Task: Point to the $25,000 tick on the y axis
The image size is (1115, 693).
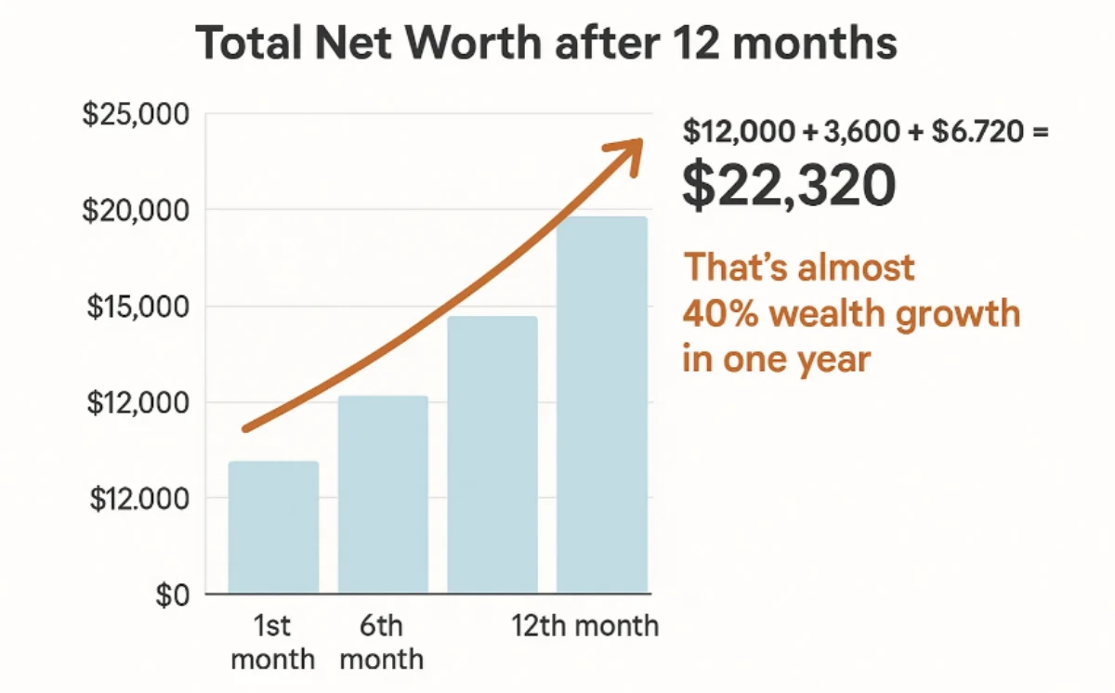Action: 149,116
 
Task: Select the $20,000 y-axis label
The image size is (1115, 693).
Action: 149,212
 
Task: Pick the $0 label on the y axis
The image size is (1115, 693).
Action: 172,595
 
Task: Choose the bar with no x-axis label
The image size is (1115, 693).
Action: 492,454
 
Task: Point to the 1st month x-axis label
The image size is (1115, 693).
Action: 272,642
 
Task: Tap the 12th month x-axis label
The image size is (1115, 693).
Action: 585,625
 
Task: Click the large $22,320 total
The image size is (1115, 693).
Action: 789,185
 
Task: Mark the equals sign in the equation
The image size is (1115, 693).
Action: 1039,133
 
